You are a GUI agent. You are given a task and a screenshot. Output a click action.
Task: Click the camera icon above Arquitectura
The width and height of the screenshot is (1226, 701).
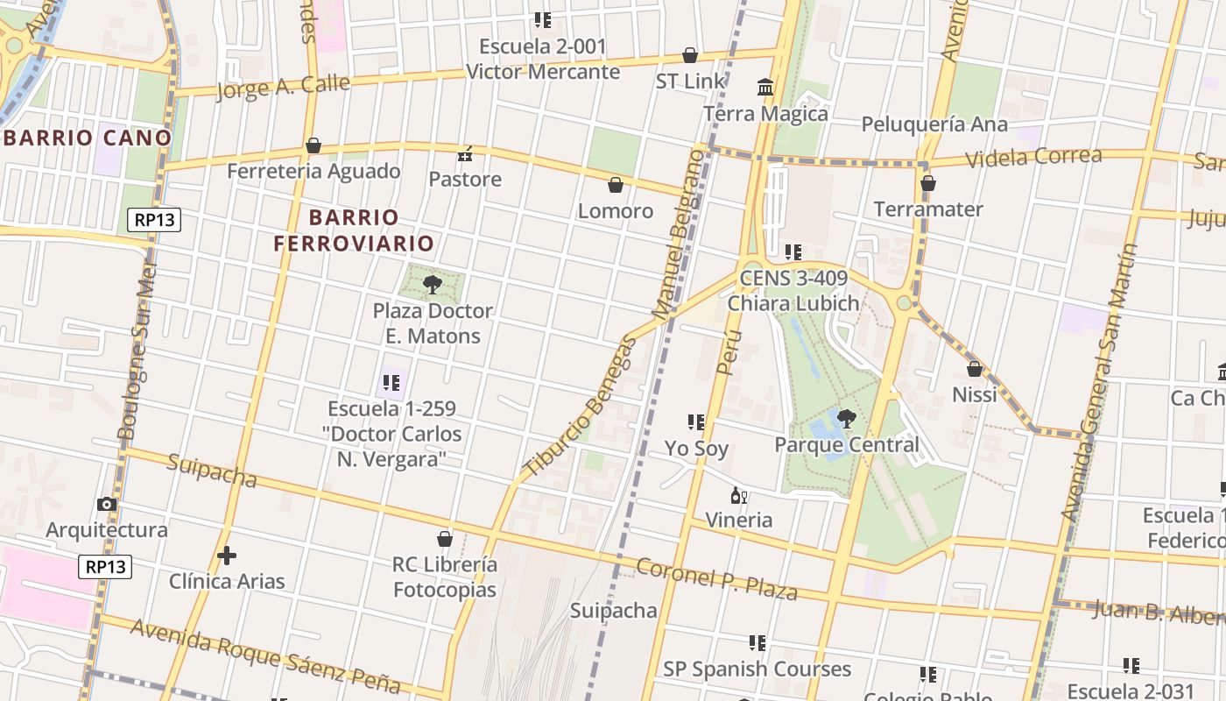(x=107, y=504)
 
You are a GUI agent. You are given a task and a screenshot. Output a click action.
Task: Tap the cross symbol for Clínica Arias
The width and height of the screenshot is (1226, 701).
(x=227, y=556)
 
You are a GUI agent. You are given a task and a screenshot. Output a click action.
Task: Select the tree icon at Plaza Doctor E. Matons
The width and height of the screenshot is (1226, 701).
(x=431, y=284)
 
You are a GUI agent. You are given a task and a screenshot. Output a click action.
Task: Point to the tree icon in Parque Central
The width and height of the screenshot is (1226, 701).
(x=846, y=418)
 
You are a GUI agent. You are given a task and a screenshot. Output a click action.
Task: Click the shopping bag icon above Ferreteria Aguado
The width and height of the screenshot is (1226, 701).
(x=314, y=145)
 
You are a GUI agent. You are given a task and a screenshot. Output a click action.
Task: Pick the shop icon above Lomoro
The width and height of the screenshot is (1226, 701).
(x=616, y=185)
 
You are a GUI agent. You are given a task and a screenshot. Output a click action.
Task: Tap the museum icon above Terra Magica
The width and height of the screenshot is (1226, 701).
(x=765, y=87)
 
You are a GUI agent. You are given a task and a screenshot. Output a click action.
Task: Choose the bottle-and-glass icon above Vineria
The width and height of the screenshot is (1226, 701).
(x=739, y=496)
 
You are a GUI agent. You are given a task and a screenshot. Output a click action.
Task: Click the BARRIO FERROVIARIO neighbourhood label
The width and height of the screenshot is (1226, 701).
(x=354, y=230)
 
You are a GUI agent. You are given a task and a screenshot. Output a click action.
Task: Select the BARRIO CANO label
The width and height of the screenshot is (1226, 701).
(x=87, y=138)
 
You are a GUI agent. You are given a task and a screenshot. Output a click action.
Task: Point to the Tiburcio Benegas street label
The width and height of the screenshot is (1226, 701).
(x=579, y=405)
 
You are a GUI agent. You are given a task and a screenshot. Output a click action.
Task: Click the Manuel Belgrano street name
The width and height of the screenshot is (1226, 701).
(x=679, y=234)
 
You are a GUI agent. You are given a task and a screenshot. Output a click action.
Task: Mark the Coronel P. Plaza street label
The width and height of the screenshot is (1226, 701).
(x=716, y=580)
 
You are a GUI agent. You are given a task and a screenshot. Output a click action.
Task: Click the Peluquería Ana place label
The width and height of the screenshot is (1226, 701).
(x=934, y=124)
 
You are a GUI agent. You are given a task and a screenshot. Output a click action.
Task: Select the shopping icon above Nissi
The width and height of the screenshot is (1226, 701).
(x=975, y=370)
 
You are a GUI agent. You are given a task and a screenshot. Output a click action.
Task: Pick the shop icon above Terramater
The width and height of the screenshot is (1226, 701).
(x=928, y=183)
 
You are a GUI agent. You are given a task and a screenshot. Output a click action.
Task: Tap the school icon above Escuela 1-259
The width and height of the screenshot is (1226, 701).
(x=391, y=383)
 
